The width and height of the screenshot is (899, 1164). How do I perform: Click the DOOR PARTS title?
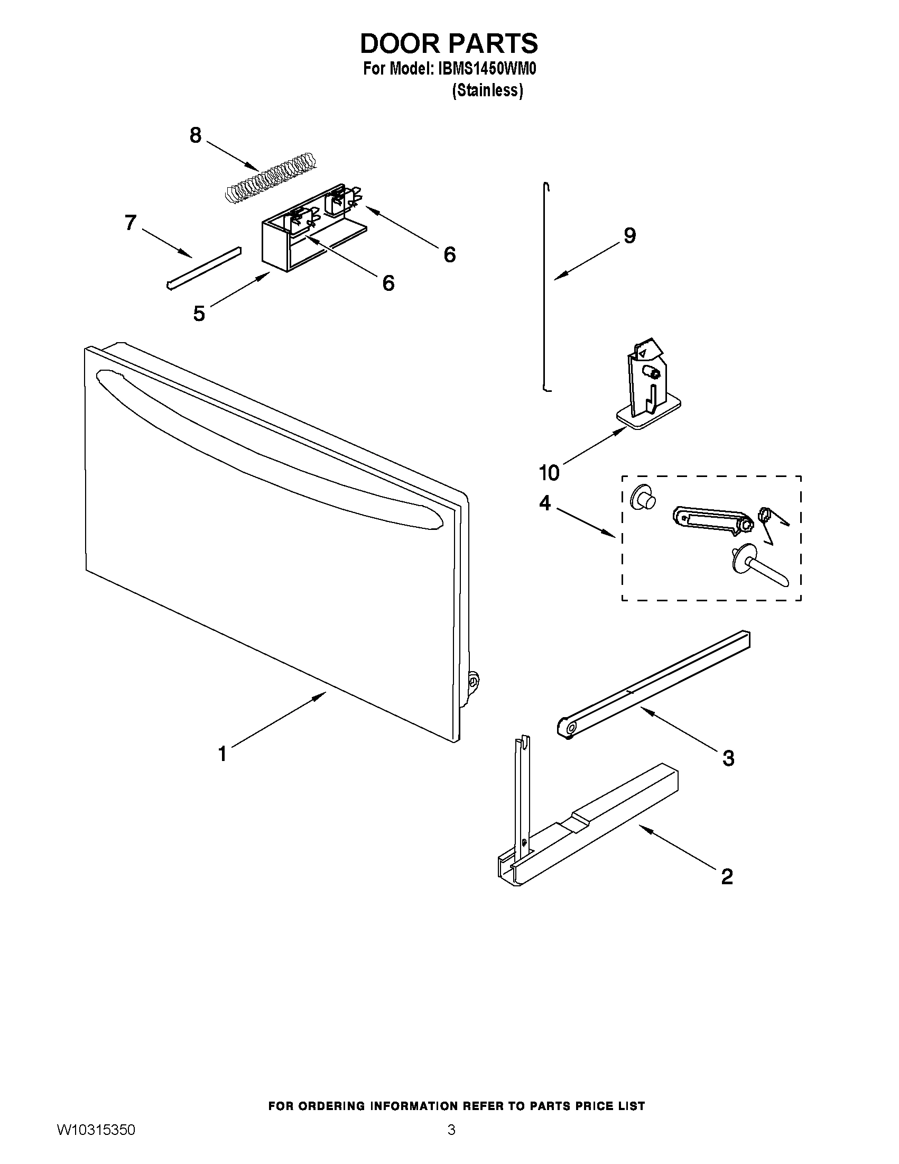pos(449,44)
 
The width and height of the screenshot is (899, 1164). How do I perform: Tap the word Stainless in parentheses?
pos(487,91)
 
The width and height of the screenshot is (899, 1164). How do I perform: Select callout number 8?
pos(196,135)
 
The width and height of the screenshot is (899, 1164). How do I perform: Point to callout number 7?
pos(131,223)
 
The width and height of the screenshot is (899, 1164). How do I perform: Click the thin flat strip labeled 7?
pos(204,268)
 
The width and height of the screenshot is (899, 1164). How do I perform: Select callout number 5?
pos(199,314)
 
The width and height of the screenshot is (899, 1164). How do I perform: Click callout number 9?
pos(629,235)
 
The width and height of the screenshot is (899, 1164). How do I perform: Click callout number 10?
pos(549,473)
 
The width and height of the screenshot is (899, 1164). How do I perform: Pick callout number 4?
pos(544,502)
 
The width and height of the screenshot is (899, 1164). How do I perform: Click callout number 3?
pos(728,758)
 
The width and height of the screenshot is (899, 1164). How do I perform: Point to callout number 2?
pos(727,876)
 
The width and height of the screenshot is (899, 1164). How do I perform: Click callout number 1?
pos(223,754)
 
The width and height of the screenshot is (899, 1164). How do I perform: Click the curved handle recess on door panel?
pos(266,459)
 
